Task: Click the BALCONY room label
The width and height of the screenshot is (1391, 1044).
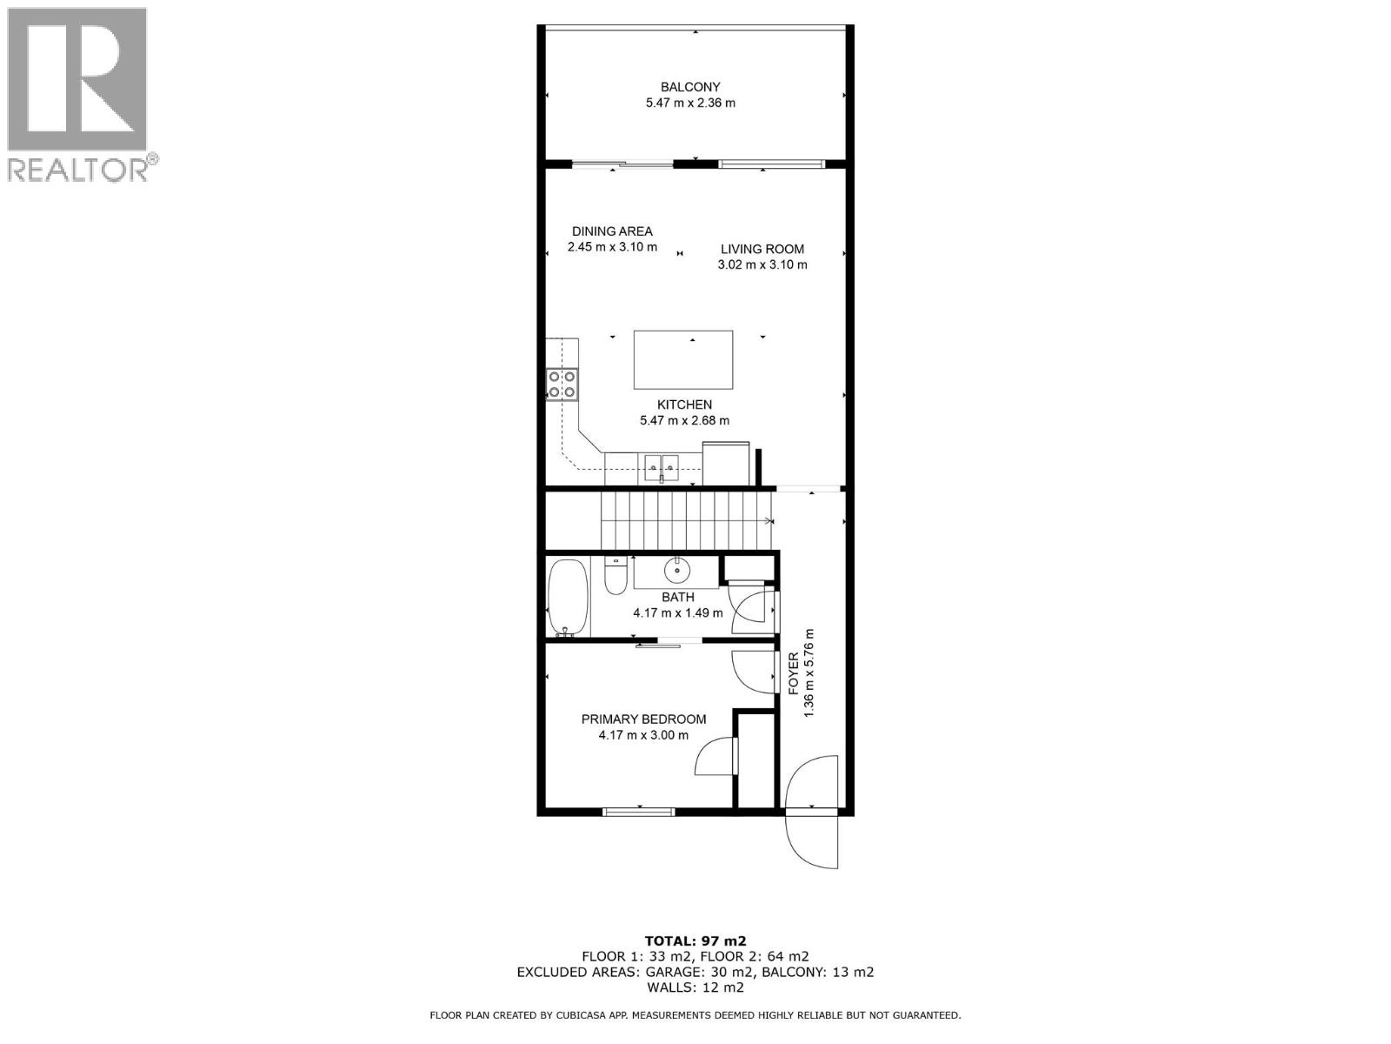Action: point(690,87)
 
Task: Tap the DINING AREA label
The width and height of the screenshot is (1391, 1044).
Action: point(612,231)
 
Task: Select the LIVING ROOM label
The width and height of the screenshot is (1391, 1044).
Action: point(762,249)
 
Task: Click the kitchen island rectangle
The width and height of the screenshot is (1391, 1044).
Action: point(683,359)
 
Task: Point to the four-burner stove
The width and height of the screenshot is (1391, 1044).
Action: point(562,384)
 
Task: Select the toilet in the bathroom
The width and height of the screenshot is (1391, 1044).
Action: point(616,575)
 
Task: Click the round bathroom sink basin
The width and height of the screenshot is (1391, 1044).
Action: point(677,571)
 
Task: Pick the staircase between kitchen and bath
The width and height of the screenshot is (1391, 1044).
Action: point(687,520)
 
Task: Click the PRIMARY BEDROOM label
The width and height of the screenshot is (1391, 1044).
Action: point(643,719)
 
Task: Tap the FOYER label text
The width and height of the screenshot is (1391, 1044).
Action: point(794,673)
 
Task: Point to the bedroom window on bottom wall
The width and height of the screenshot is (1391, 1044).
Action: point(639,812)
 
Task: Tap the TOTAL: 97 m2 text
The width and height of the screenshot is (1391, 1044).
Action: point(695,940)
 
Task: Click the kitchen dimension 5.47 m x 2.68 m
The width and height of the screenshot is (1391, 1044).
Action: point(684,421)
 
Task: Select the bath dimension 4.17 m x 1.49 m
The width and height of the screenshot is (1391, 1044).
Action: point(677,612)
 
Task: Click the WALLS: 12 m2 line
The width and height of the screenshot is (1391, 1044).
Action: point(695,987)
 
